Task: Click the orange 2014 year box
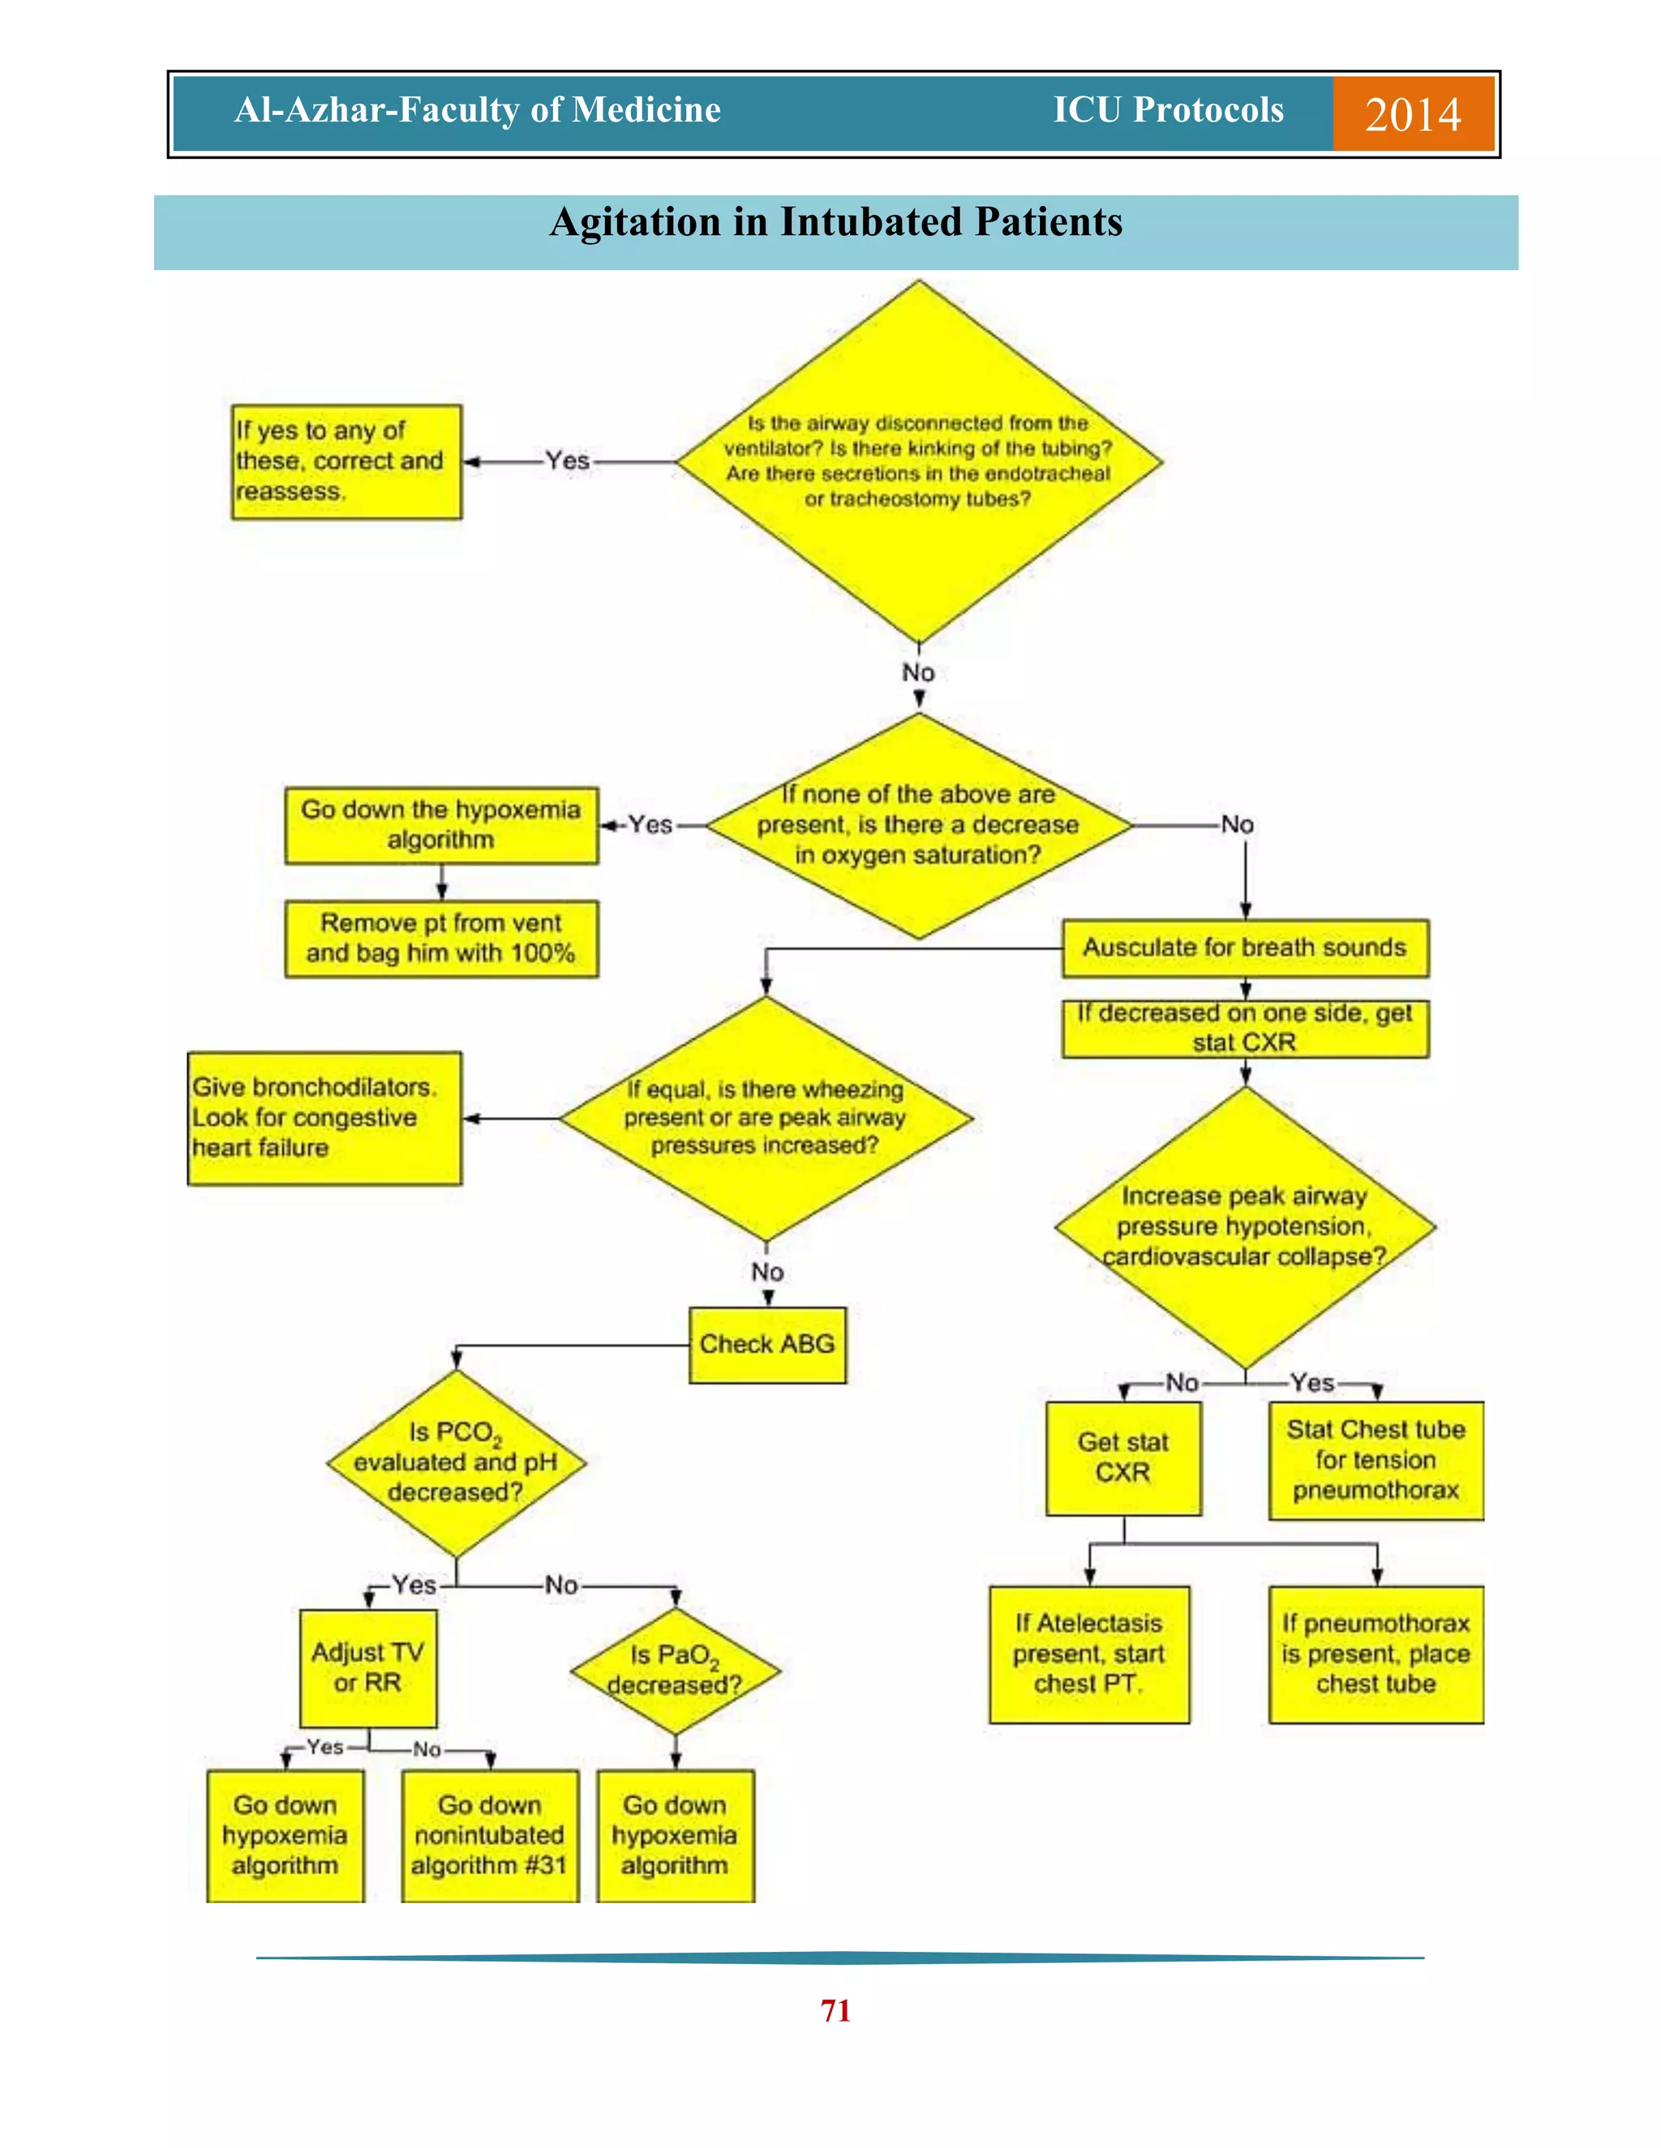tap(1413, 114)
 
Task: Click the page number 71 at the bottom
tap(835, 2010)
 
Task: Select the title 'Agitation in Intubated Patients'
tap(835, 222)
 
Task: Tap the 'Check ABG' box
tap(766, 1345)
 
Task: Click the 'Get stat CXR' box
tap(1122, 1457)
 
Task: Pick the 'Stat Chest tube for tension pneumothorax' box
tap(1376, 1460)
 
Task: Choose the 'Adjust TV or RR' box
tap(368, 1668)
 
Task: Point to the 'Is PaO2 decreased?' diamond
tap(675, 1670)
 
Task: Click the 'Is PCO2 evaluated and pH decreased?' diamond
tap(456, 1462)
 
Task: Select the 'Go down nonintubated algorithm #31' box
tap(489, 1835)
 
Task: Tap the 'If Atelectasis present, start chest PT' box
tap(1088, 1654)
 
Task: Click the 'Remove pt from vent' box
tap(441, 939)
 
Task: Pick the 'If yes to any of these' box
tap(346, 461)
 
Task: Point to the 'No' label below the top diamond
tap(918, 673)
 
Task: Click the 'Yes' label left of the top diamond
tap(568, 460)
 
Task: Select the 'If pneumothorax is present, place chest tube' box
tap(1376, 1654)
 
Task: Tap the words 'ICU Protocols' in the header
tap(1168, 110)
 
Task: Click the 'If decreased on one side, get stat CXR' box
tap(1245, 1028)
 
